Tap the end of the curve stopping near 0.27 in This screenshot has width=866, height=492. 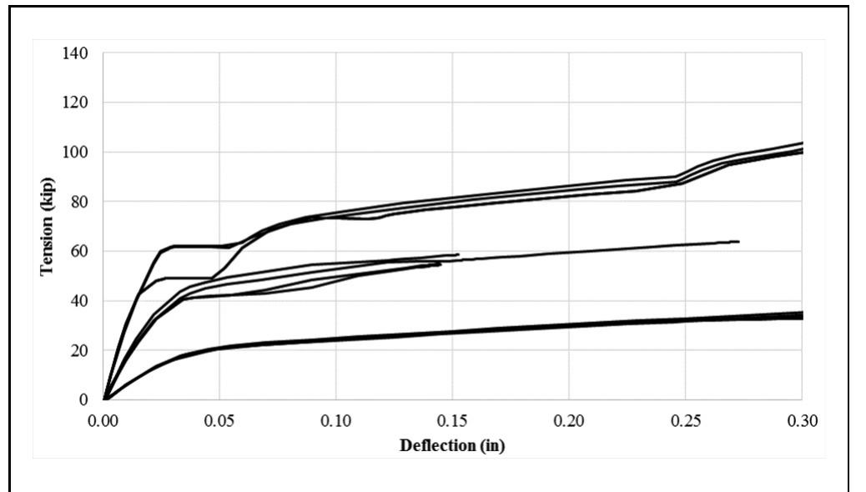click(738, 242)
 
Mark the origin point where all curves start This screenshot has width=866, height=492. click(104, 399)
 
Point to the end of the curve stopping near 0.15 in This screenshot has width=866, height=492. click(458, 254)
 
